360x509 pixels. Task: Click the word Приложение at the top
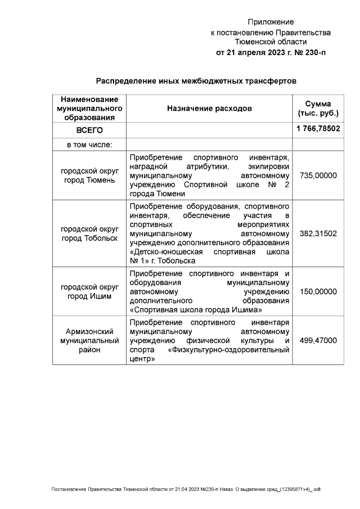(271, 22)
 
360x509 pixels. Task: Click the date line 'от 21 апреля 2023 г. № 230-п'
(271, 52)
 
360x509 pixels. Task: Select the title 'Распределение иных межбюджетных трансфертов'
(196, 81)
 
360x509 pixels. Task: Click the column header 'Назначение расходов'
(209, 108)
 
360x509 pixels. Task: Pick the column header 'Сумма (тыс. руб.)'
(318, 108)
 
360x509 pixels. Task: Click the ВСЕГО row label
(89, 130)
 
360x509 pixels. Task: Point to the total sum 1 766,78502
(318, 129)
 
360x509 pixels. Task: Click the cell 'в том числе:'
(89, 145)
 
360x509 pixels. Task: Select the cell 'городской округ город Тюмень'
(89, 175)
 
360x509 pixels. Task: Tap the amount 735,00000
(318, 175)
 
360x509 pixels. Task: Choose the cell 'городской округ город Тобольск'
(89, 233)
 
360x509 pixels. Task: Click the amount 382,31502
(318, 233)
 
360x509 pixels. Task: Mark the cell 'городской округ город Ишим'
(89, 292)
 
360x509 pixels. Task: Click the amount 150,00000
(318, 292)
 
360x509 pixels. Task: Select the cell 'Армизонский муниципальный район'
(89, 341)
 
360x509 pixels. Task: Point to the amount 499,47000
(318, 341)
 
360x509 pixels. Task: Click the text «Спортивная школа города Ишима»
(196, 310)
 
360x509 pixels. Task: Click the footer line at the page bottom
(186, 489)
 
